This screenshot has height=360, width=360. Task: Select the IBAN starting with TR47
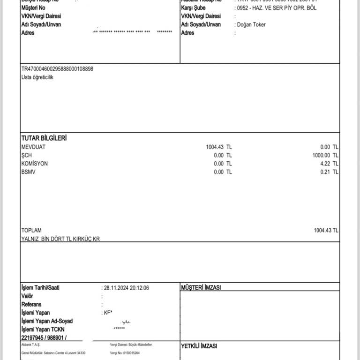(57, 69)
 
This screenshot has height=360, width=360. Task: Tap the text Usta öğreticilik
(37, 77)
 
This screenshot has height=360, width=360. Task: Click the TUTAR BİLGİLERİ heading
(44, 138)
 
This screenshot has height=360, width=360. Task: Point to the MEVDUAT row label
(34, 147)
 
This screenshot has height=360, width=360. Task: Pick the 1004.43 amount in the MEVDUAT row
(215, 147)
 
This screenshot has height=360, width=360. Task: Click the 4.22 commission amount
(329, 164)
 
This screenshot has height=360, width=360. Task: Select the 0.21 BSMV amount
(329, 172)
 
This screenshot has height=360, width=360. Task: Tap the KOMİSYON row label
(34, 164)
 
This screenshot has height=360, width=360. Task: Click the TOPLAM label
(31, 230)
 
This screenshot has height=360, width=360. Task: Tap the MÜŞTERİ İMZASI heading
(201, 287)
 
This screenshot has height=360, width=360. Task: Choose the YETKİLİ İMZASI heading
(199, 346)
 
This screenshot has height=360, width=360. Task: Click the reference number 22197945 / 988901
(44, 337)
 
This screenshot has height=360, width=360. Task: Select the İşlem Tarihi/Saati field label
(40, 287)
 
